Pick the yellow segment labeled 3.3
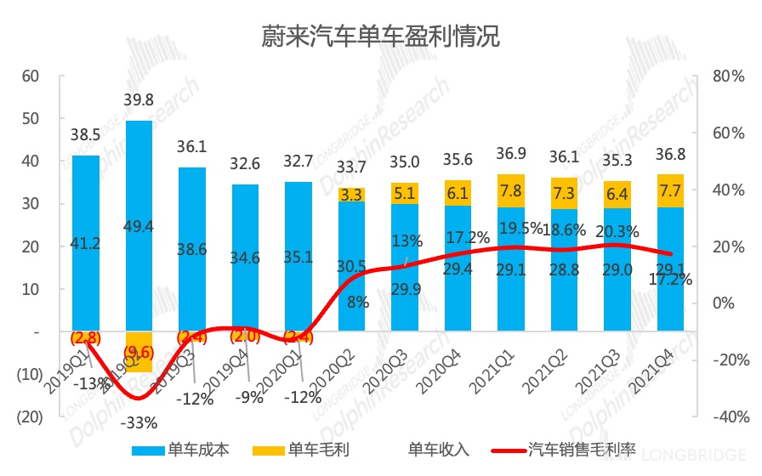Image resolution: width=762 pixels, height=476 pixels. coord(351,195)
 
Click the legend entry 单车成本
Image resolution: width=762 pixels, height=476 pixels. coord(181,449)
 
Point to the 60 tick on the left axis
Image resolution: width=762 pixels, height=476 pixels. coord(31,76)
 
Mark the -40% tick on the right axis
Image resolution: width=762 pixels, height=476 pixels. coord(729,417)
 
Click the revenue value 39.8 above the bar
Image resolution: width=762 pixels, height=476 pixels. coord(138,100)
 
